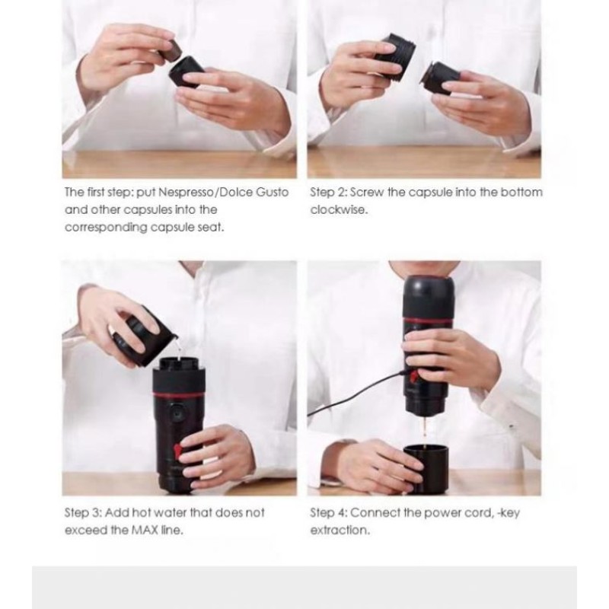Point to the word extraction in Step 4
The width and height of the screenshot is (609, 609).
[x=340, y=530]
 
